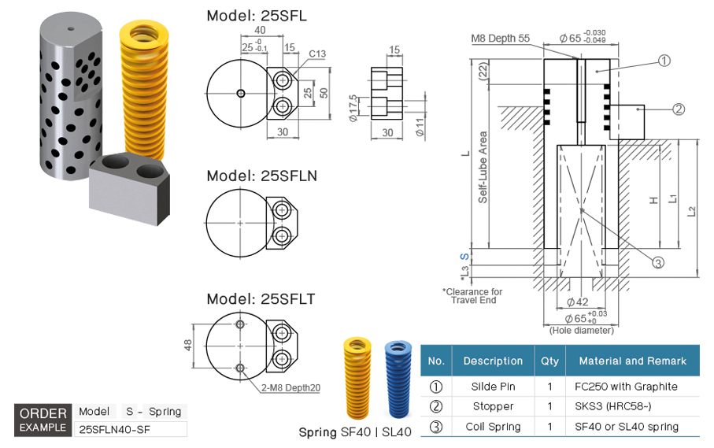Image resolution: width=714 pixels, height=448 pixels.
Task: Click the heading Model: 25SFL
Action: pyautogui.click(x=256, y=15)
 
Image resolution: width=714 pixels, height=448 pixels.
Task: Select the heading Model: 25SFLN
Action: pyautogui.click(x=261, y=176)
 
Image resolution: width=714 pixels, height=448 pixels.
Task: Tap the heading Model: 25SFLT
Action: pyautogui.click(x=261, y=299)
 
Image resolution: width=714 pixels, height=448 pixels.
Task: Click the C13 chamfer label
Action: pyautogui.click(x=317, y=54)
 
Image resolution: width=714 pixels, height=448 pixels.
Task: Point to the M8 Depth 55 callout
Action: pyautogui.click(x=500, y=38)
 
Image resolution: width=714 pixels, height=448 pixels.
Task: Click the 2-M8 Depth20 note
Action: pyautogui.click(x=292, y=387)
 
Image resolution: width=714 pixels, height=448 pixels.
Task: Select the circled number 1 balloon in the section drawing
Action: pyautogui.click(x=664, y=60)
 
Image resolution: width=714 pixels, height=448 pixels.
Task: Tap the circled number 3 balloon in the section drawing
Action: pyautogui.click(x=658, y=263)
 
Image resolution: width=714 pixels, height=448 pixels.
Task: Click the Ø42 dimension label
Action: pyautogui.click(x=578, y=302)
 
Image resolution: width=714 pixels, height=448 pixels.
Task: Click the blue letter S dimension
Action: pyautogui.click(x=464, y=257)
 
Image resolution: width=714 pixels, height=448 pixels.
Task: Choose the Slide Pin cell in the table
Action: pyautogui.click(x=493, y=387)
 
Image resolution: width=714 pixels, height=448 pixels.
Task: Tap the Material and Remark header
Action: pyautogui.click(x=632, y=361)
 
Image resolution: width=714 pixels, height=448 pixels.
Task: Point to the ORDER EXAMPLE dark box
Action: pyautogui.click(x=43, y=420)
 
